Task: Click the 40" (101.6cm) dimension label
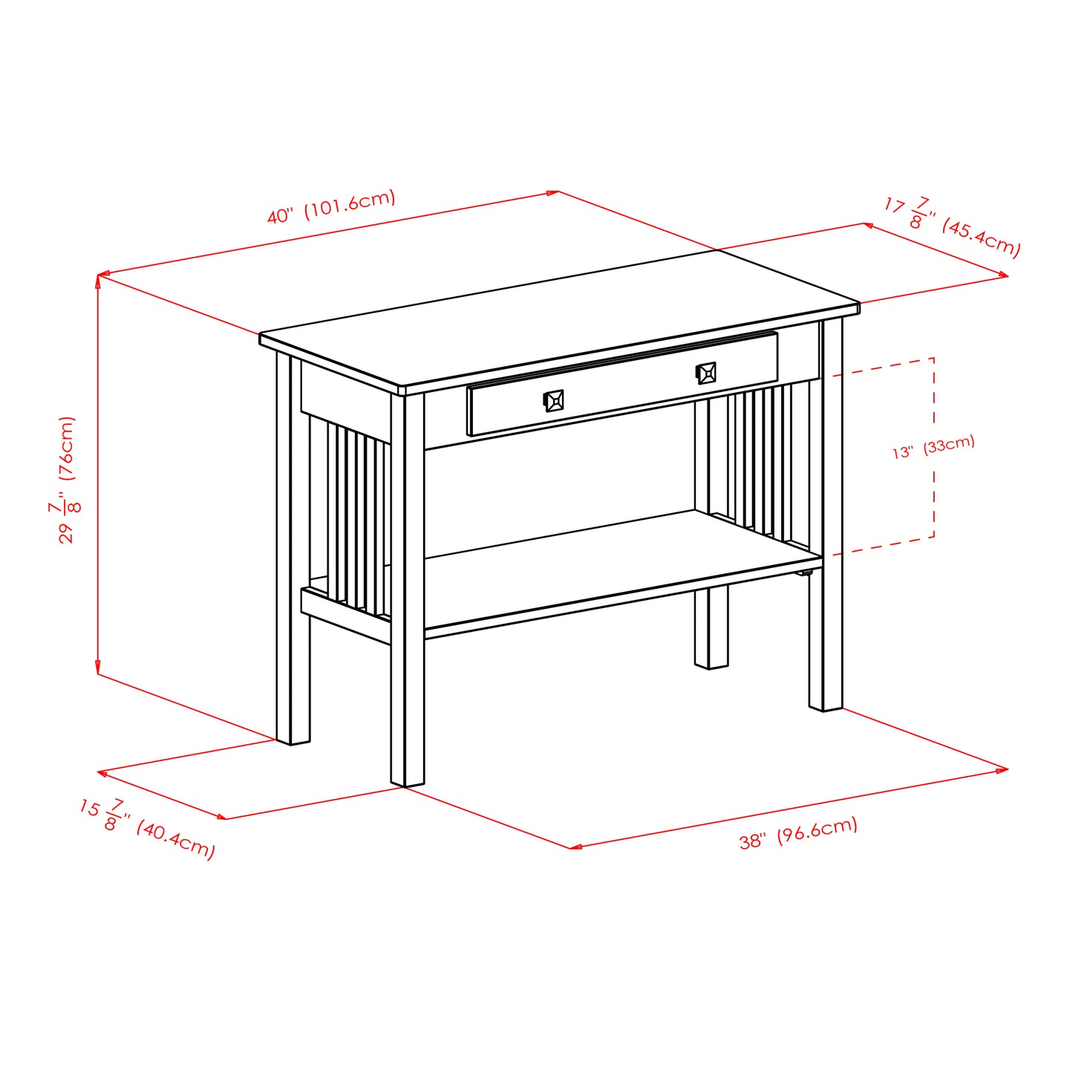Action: click(331, 207)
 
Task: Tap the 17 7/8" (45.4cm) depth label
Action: click(952, 226)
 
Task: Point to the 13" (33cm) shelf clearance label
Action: click(933, 447)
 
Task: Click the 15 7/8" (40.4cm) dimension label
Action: click(147, 829)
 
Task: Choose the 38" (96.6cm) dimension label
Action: click(798, 832)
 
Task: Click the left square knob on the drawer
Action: click(554, 401)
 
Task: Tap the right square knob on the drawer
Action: click(706, 373)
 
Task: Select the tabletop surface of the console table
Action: click(557, 319)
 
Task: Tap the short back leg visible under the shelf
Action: click(711, 631)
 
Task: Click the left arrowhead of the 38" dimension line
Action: click(573, 847)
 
